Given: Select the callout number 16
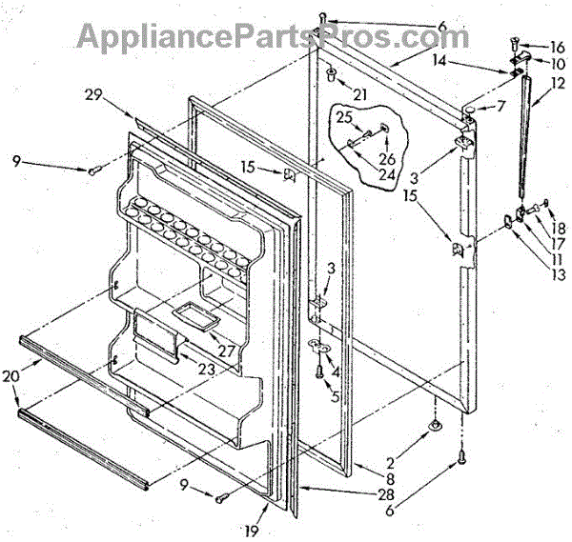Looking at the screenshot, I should pos(558,45).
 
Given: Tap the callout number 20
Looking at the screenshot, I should pos(10,376).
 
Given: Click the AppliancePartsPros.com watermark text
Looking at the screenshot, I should pos(272,35).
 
